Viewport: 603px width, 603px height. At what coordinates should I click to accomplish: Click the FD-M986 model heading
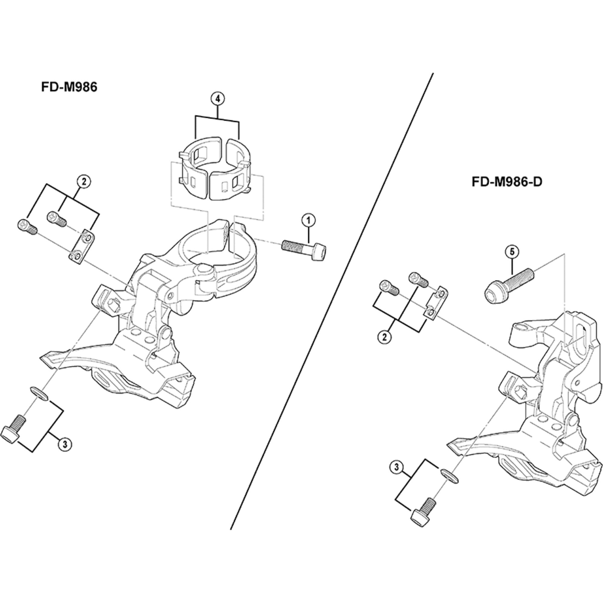point(69,87)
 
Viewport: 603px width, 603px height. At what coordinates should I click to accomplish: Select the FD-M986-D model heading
point(507,182)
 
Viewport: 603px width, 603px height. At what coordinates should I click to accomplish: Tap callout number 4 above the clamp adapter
point(218,99)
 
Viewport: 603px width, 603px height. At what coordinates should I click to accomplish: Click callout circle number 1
point(308,221)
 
